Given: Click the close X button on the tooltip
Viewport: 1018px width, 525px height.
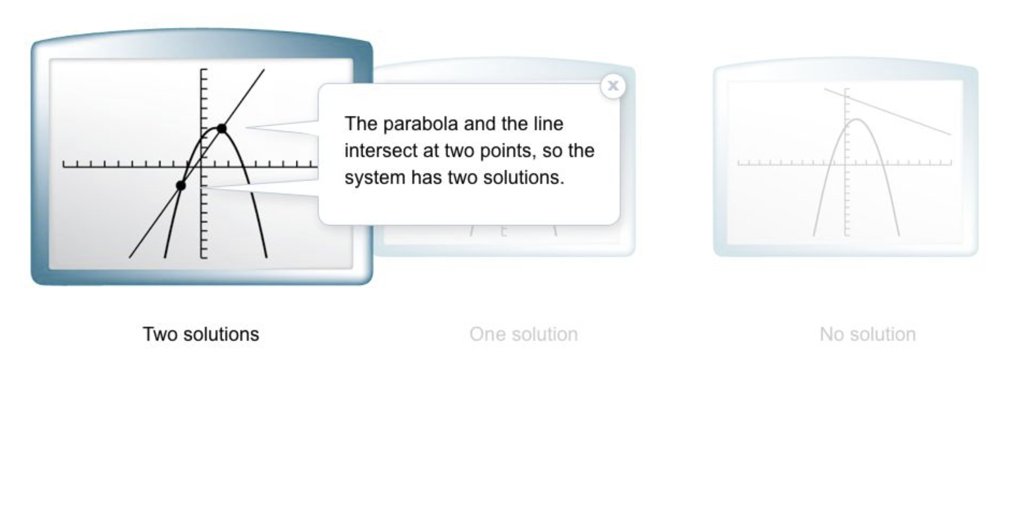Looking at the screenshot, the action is click(x=613, y=86).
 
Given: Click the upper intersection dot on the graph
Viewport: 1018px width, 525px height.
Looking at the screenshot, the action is click(x=221, y=128).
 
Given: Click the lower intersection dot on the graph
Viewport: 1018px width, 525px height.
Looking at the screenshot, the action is click(x=181, y=185).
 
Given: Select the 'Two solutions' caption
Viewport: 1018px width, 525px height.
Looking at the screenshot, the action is click(x=201, y=334).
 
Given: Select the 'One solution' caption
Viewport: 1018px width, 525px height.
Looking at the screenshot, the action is click(x=523, y=334).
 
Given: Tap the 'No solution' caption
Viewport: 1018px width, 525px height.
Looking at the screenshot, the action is click(x=868, y=334).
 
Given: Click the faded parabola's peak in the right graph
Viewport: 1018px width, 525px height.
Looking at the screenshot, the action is click(x=857, y=119).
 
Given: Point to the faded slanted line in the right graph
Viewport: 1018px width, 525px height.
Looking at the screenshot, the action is click(x=887, y=111).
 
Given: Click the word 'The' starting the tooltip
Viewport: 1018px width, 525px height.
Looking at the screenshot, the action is click(x=361, y=124).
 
